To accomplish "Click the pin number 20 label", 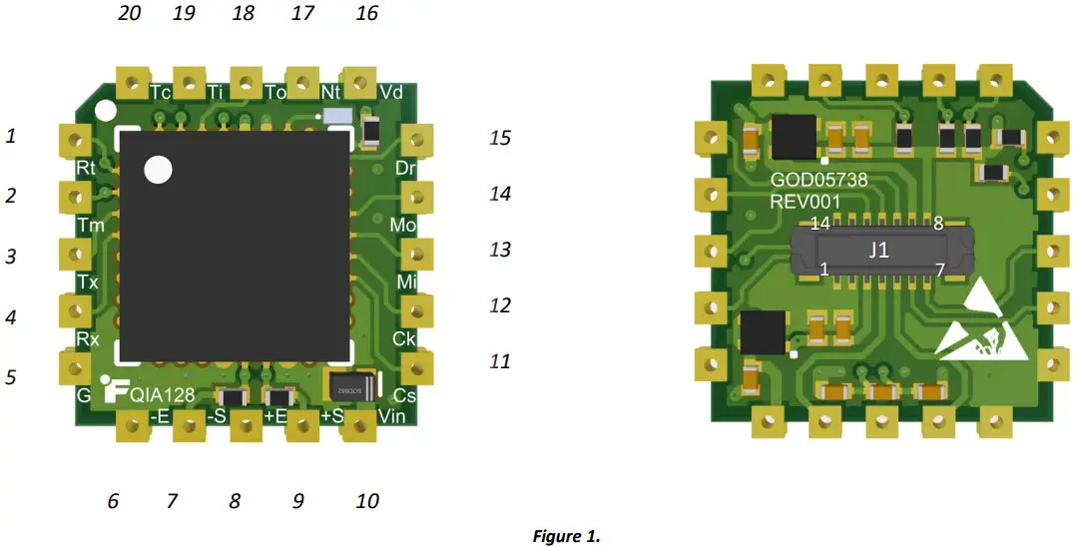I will coord(129,13).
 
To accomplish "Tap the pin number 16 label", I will coord(367,13).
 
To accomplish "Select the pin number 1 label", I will coord(11,136).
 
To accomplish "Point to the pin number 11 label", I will coord(500,361).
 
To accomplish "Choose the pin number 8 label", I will coord(235,501).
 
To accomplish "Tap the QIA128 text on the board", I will coord(162,394).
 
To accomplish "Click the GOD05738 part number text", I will coord(818,181).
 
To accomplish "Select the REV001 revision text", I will coord(806,202).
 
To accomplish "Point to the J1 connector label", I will coord(878,251).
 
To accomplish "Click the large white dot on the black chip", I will coord(158,170).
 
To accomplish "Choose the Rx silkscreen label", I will coord(88,339).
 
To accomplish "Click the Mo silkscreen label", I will coord(403,226).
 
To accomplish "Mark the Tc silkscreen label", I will coord(161,92).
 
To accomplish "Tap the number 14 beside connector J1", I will coord(820,224).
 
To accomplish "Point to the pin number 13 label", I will coord(500,249).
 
